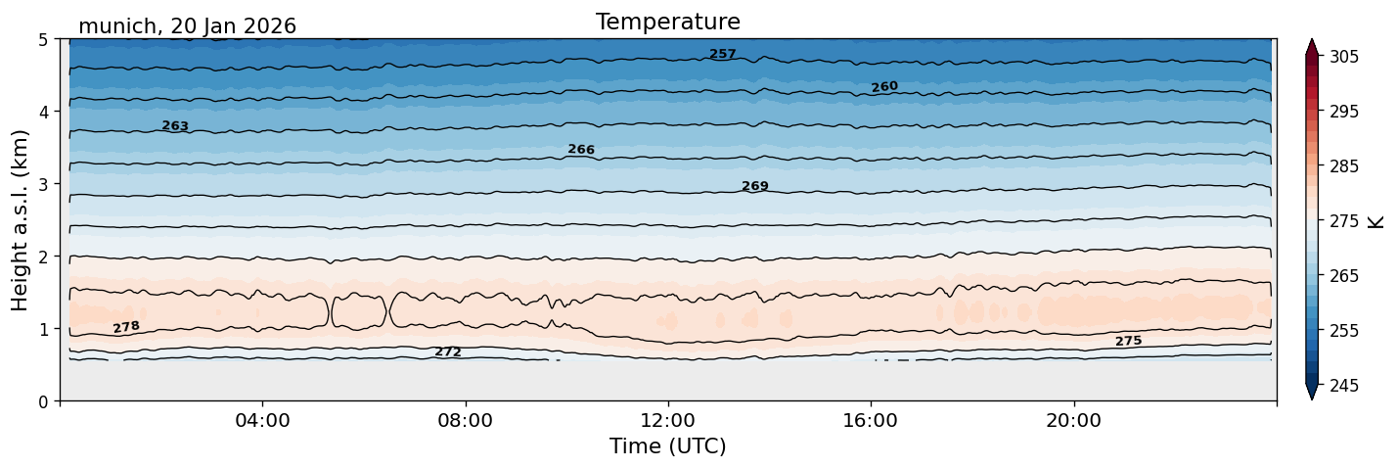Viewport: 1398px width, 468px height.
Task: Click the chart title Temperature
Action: pos(668,22)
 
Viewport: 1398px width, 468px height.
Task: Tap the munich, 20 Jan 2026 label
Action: pos(187,26)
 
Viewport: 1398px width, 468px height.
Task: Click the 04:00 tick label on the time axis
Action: pos(263,420)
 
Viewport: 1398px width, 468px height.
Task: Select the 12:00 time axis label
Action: pos(668,420)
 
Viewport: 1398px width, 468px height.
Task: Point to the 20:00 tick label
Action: pos(1073,420)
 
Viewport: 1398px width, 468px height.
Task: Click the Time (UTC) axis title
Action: pos(668,446)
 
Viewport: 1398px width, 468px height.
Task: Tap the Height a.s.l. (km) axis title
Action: pos(20,220)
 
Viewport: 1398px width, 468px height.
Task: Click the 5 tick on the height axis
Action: pos(43,40)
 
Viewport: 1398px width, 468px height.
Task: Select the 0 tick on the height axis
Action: pos(43,401)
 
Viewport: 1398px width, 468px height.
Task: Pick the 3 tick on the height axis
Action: pos(43,184)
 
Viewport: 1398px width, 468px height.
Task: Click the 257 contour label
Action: pos(723,55)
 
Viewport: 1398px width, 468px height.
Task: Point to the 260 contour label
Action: pos(884,87)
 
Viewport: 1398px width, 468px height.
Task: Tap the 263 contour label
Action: pos(175,126)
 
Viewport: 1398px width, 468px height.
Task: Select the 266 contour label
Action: pos(581,150)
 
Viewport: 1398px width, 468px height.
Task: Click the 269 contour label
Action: pos(755,186)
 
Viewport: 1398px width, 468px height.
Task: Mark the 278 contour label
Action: pos(126,327)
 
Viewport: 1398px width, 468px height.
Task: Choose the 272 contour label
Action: pos(448,352)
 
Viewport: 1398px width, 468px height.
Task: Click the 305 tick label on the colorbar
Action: pos(1343,57)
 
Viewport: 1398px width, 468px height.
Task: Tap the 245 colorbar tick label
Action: pos(1343,386)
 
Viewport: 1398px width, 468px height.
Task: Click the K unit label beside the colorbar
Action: pos(1375,222)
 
